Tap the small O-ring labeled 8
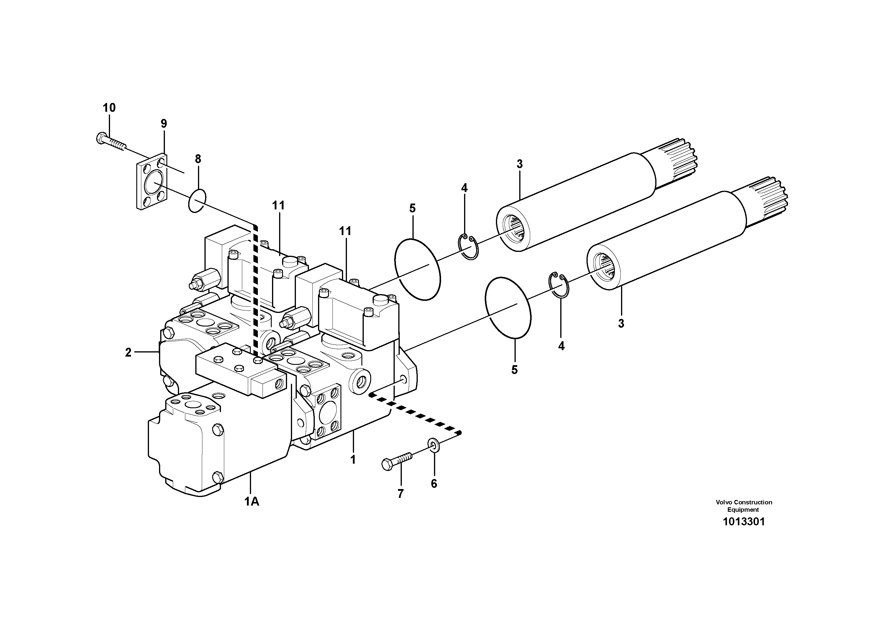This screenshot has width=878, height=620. point(197,201)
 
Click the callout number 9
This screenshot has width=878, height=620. point(164,124)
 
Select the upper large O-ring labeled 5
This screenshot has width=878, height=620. point(417,270)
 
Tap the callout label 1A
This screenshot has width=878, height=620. point(252,501)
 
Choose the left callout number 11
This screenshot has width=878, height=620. point(279,206)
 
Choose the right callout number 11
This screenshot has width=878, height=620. point(345,231)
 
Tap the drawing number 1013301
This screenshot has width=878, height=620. point(744,522)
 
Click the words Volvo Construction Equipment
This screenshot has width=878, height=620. point(744,506)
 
